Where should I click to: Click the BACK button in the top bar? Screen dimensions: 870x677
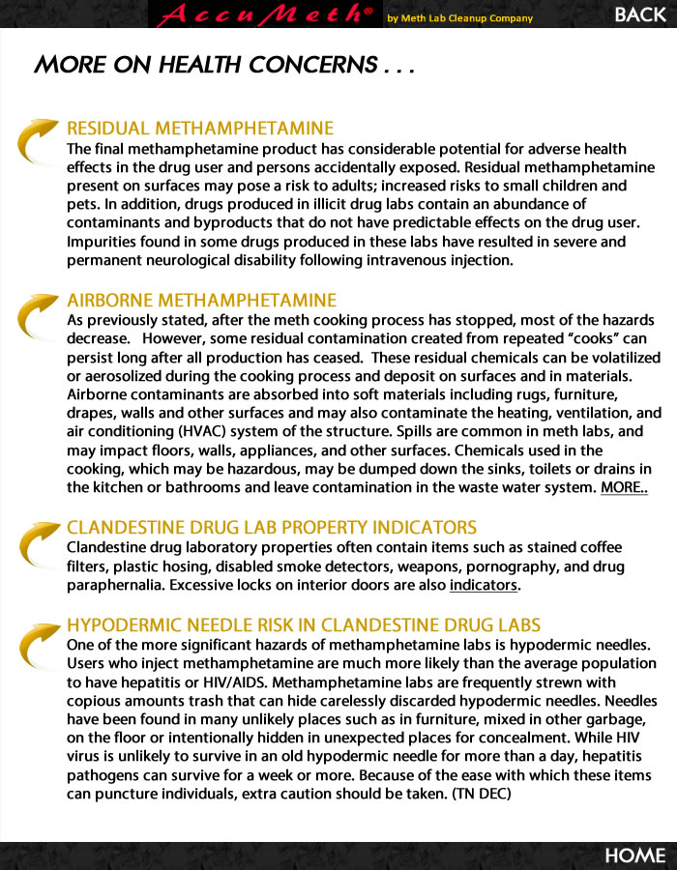[x=640, y=14]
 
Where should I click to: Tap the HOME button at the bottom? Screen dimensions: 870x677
[x=635, y=855]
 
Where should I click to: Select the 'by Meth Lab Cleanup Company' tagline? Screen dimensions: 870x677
[x=459, y=18]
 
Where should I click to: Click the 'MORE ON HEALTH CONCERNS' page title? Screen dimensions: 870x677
[x=224, y=65]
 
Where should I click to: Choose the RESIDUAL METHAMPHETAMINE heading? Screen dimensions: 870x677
[x=200, y=129]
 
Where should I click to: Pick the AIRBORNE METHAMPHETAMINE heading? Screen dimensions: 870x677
[x=202, y=301]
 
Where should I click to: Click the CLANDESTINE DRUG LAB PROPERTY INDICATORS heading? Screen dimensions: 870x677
[x=272, y=528]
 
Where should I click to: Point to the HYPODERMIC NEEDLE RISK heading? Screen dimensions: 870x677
[x=304, y=625]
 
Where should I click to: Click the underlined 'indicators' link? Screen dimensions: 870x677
[x=485, y=585]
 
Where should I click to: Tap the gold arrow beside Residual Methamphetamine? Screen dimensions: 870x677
[x=40, y=140]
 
